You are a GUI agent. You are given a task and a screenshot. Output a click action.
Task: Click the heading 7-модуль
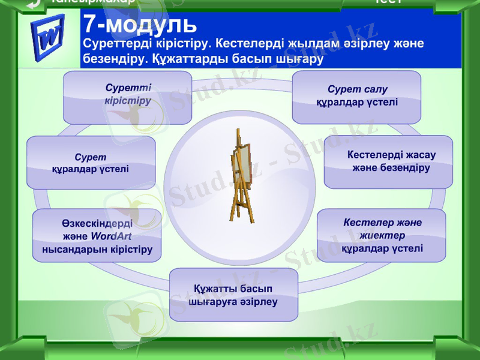pos(140,24)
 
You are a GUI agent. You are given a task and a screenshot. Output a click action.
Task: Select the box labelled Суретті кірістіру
pos(127,97)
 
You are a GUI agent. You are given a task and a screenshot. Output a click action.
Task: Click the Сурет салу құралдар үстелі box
pos(356,97)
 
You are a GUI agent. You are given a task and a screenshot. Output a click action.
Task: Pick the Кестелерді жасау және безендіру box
pos(388,161)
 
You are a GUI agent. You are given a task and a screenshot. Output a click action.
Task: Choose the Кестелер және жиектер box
pos(381,235)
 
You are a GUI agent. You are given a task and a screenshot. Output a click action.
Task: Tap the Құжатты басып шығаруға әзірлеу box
pos(233,295)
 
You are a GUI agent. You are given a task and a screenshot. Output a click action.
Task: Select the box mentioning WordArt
pos(97,235)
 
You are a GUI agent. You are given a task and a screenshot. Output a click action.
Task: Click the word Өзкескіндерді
pos(97,222)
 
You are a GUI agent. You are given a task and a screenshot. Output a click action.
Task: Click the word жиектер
pos(383,235)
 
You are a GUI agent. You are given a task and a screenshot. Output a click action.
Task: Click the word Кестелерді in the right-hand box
pos(375,155)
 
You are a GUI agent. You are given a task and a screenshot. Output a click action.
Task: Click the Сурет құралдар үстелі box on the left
pos(91,163)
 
